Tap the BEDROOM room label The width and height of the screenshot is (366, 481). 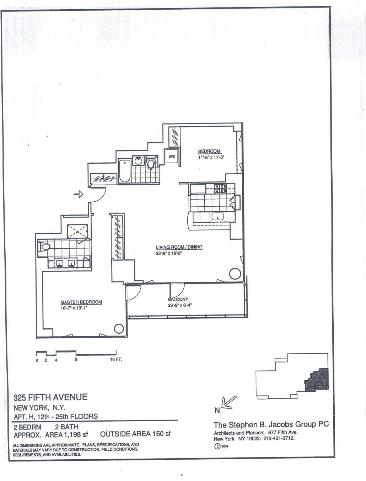point(209,151)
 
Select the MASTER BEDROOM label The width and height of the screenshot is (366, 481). point(81,302)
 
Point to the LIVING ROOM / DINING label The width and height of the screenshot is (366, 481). point(179,247)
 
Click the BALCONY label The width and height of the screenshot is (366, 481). point(178,299)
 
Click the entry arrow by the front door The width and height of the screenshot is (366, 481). point(78,194)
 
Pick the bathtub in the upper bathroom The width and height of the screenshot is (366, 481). point(124,171)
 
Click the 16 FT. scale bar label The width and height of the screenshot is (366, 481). point(116,360)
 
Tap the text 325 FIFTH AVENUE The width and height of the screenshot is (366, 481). point(50,397)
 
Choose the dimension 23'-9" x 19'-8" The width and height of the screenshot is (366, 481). point(169,253)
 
